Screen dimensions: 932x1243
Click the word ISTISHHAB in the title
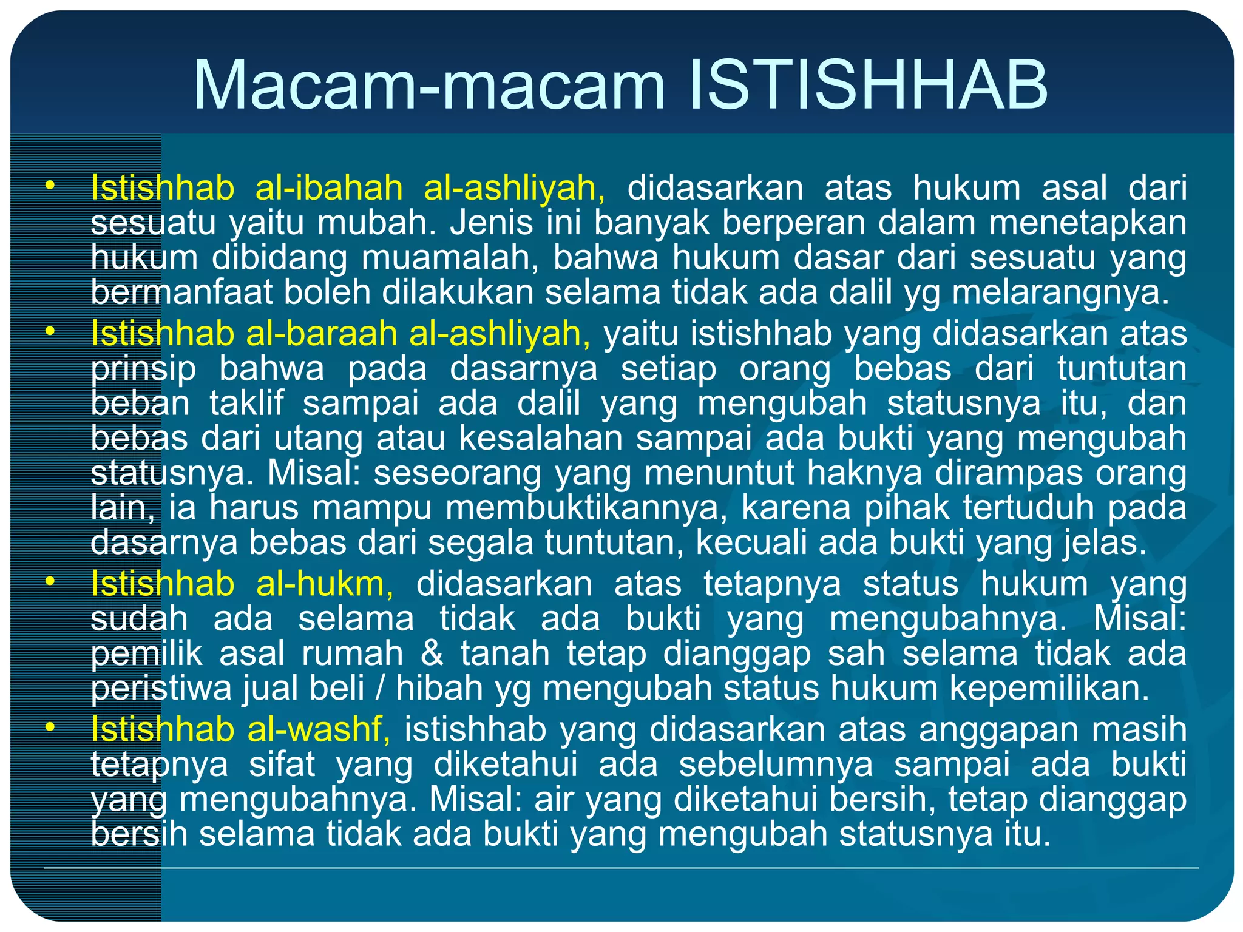click(869, 85)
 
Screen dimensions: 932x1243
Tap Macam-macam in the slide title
click(429, 85)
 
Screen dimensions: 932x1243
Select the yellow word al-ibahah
click(329, 187)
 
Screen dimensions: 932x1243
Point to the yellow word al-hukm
click(324, 584)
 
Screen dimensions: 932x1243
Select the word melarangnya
click(1060, 292)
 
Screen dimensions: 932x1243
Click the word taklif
click(246, 404)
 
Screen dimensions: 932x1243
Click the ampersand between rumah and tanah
click(432, 654)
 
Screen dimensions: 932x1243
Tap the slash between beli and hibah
click(380, 689)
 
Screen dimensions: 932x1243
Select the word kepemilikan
click(1049, 689)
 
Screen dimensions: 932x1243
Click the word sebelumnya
click(776, 765)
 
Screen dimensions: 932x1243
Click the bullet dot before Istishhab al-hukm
click(50, 582)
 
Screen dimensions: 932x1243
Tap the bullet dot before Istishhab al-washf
click(50, 727)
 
